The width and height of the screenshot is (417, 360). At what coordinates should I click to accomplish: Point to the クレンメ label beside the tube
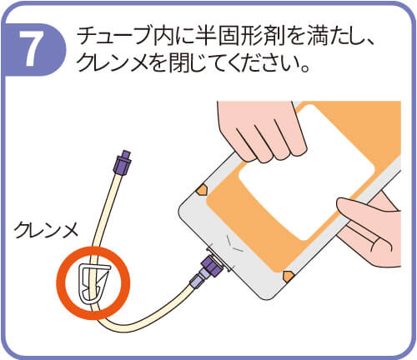coord(47,231)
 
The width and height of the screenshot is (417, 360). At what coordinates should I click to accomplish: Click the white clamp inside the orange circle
coord(93,283)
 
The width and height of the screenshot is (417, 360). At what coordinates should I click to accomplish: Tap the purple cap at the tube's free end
coord(123,162)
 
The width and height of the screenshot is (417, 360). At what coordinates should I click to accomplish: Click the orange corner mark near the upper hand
coord(202,190)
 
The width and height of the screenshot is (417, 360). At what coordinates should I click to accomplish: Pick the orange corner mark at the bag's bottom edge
coord(289,276)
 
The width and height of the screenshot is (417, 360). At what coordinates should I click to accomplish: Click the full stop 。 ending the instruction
coord(305,68)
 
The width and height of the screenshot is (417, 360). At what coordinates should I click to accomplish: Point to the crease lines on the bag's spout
coord(234,242)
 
